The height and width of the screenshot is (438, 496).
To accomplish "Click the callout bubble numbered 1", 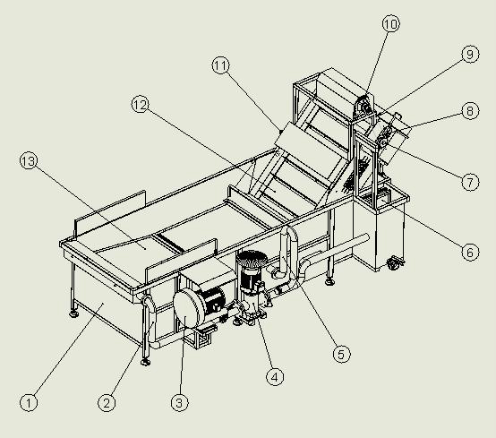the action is click(29, 403).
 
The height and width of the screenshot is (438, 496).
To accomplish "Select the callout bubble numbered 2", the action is click(107, 403).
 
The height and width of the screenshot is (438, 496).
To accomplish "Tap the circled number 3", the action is click(179, 403).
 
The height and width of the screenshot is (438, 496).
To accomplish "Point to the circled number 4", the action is click(275, 377).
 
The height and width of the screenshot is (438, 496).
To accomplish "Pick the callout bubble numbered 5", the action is click(342, 354).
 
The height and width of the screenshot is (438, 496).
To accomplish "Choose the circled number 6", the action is click(470, 253).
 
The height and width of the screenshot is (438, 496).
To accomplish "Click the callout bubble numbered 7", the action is click(470, 182).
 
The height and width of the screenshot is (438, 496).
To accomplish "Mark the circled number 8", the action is click(470, 111).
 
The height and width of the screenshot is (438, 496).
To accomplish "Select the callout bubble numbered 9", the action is click(470, 54).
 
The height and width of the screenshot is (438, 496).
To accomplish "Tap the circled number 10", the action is click(391, 23).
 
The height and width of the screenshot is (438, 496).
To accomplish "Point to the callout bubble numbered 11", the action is click(220, 65).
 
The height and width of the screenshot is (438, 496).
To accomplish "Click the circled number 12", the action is click(141, 105).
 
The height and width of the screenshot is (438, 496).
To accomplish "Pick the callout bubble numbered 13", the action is click(29, 161).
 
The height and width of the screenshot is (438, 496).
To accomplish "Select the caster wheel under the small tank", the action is click(394, 263).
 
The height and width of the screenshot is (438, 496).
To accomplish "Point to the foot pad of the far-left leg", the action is click(74, 313).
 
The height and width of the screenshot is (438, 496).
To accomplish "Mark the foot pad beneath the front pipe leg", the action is click(145, 361).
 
